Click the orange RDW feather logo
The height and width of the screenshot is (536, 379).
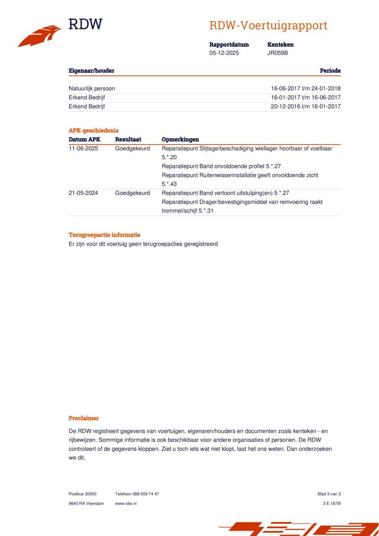point(39,36)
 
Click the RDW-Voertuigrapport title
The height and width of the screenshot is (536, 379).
point(268,26)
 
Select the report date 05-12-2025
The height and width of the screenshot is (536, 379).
point(224,53)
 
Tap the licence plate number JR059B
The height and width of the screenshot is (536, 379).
point(278,53)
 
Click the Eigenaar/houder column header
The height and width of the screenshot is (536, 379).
point(91,71)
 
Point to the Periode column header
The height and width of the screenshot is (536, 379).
point(330,71)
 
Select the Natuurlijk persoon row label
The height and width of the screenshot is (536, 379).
point(92,89)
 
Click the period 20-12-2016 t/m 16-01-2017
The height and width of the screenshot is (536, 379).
point(306,106)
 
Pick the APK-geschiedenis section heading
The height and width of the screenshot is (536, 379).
point(93,131)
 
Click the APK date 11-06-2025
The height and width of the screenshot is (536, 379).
point(83,149)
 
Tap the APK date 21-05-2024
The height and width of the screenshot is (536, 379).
point(83,193)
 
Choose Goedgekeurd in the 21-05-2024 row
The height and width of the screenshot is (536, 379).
point(132,193)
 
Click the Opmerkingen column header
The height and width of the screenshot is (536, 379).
point(180,139)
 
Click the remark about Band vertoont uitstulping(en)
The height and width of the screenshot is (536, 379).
point(226,193)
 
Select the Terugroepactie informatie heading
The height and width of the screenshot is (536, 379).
point(104,235)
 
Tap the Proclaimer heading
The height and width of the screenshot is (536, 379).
point(84,418)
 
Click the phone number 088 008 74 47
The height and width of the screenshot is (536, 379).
point(145,494)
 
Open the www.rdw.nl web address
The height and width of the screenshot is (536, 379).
point(126,503)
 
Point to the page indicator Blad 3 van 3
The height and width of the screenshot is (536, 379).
point(329,494)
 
